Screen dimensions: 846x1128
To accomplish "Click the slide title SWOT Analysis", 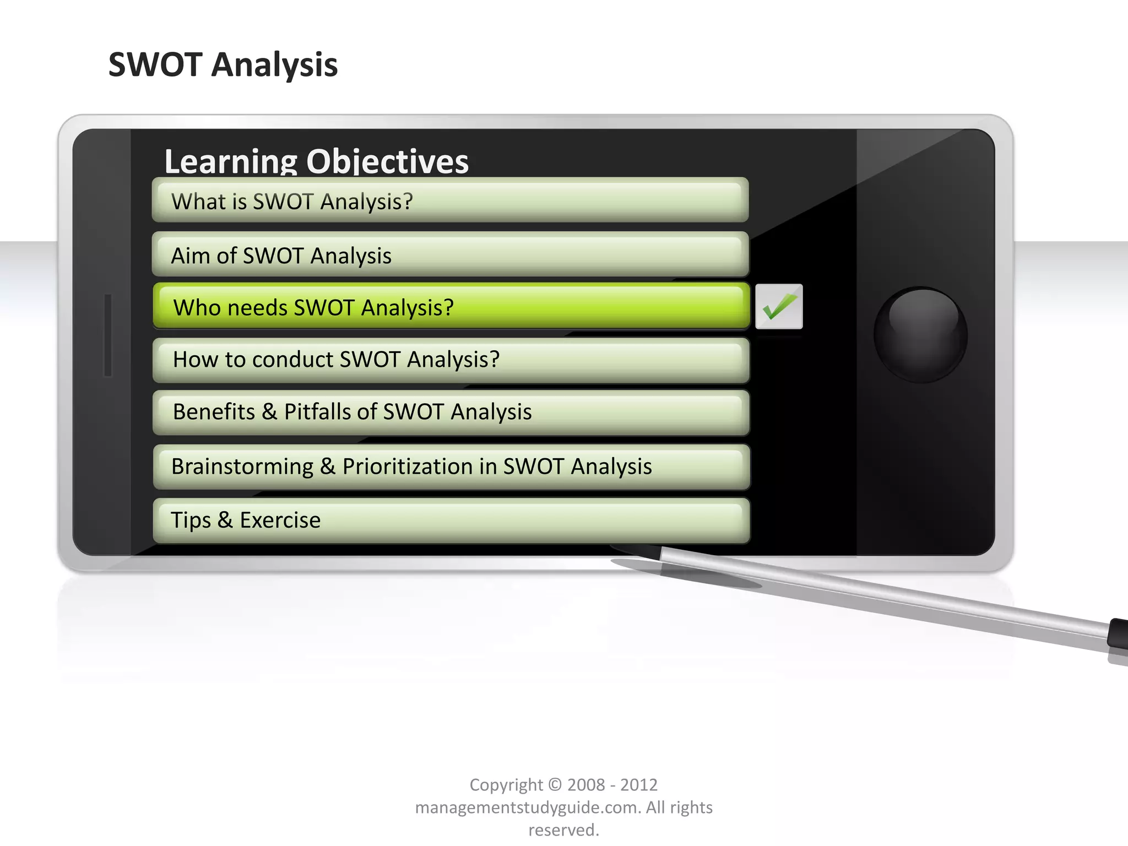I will coord(223,65).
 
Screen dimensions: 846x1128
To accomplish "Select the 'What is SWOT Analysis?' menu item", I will coord(450,200).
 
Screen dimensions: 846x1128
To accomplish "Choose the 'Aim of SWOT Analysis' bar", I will coord(450,255).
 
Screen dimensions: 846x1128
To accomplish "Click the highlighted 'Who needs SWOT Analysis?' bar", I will coord(451,307).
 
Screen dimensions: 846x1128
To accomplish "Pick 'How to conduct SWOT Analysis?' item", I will coord(451,360).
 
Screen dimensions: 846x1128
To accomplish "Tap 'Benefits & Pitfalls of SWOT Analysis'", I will coord(451,412).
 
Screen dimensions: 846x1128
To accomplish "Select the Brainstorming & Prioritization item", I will coord(451,467).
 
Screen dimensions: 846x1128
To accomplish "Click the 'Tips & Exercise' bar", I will coord(451,520).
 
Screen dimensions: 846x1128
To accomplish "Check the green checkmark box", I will coord(779,307).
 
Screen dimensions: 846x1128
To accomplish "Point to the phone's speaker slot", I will coord(108,335).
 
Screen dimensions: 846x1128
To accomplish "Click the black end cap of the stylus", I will coord(1118,633).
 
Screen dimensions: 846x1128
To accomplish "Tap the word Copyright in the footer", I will coord(506,785).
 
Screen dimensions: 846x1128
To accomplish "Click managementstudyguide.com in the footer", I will coord(528,807).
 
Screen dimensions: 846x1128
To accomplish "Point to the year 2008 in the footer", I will coord(585,785).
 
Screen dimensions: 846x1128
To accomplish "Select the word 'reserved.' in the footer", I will coord(563,830).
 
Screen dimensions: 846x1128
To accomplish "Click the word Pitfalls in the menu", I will coord(317,412).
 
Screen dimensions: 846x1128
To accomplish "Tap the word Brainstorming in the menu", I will coord(242,467).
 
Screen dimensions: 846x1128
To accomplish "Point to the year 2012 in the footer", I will coord(639,785).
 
